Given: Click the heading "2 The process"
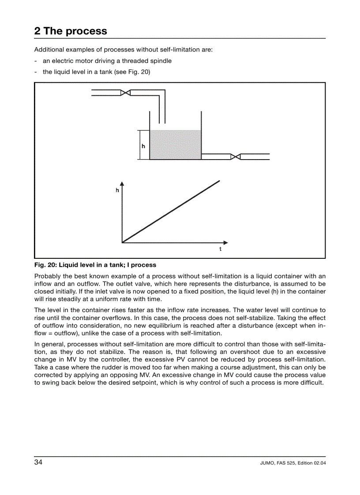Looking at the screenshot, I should coord(71,31).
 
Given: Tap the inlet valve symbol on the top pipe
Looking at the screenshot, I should coord(125,93).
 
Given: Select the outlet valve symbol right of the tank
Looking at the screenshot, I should coord(236,156).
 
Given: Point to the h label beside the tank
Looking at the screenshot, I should coord(143,146).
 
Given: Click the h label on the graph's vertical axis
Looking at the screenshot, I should coord(117,190).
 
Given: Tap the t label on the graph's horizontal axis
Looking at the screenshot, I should coord(220,249).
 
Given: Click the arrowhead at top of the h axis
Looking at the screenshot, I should coord(122,184).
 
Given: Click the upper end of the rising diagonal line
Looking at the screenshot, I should coord(219,180).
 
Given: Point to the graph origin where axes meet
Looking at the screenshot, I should coord(122,242).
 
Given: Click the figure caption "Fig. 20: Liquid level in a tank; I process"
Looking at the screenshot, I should coord(95,265).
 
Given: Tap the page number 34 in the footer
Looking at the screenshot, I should coord(38,462).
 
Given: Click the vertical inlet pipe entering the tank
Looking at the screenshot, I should coord(162,108).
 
